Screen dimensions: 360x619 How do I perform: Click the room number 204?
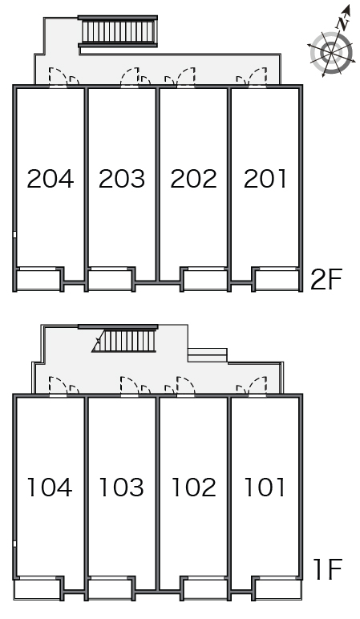pos(51,179)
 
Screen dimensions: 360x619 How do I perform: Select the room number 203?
pos(122,179)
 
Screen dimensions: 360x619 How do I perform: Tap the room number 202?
pos(193,179)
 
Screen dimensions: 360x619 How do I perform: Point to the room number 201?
pos(265,179)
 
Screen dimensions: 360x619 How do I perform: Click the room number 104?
pos(50,488)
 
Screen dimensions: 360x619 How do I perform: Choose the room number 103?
pos(121,488)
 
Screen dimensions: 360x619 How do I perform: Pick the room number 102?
pos(193,488)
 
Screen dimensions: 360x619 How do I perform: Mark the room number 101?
pos(265,488)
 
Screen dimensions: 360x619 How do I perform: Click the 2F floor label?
pos(326,280)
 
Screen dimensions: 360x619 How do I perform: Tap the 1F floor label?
pos(327,569)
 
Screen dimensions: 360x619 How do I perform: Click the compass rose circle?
pos(331,53)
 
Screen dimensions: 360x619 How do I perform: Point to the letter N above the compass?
pos(343,23)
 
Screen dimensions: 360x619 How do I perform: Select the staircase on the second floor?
pos(118,31)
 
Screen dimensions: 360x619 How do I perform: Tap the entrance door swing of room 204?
pos(58,76)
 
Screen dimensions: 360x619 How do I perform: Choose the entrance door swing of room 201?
pos(257,76)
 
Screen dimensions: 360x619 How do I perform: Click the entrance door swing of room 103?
pos(129,386)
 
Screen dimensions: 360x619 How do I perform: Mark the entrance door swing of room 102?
pos(185,386)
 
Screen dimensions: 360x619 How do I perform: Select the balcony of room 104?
pos(38,590)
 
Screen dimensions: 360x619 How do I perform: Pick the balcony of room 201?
pos(278,281)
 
